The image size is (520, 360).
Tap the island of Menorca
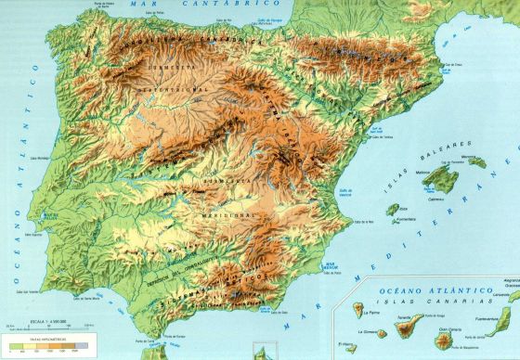click(x=476, y=163)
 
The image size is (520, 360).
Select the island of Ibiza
click(x=393, y=209)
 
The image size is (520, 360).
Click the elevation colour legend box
click(x=45, y=349)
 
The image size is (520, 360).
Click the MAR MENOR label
click(x=329, y=269)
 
